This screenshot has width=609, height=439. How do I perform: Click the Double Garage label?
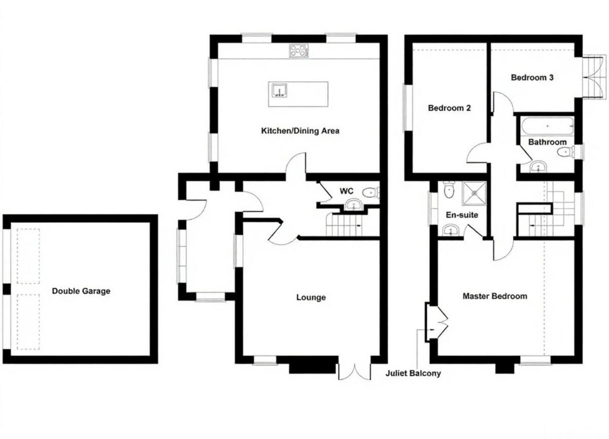(81, 291)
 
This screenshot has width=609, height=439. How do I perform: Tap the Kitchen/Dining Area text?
(300, 131)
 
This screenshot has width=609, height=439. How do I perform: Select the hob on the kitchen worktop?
(299, 50)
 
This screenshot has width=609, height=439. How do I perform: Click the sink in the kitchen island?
(279, 91)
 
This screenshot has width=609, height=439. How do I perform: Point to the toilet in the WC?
(371, 192)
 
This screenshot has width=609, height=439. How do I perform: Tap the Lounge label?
(311, 297)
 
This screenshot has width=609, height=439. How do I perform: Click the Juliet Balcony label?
(413, 374)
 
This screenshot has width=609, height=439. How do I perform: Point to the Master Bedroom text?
(494, 296)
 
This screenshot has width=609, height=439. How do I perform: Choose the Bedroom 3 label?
(532, 78)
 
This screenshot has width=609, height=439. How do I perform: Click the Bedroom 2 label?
(449, 108)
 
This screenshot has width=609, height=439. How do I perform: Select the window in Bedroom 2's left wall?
(406, 108)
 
